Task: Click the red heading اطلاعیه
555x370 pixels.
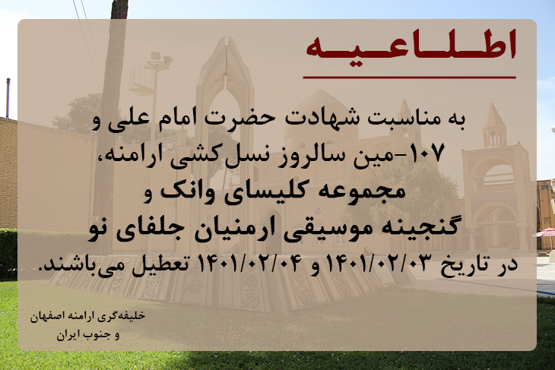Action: (x=411, y=45)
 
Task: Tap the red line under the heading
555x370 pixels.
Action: (x=409, y=77)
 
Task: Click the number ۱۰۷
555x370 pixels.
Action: (x=427, y=154)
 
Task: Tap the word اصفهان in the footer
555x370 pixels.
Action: (x=45, y=316)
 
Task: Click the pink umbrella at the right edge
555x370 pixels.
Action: (x=546, y=232)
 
